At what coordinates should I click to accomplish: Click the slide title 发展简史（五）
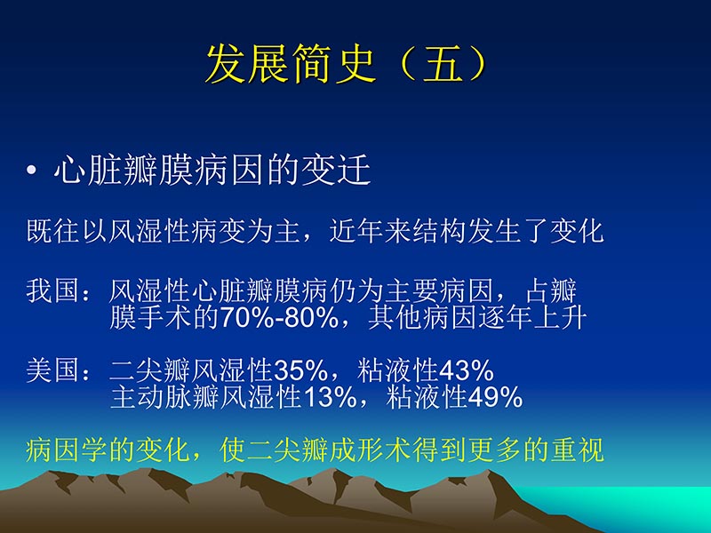coord(347,64)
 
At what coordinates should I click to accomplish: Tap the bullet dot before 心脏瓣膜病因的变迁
coord(33,172)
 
